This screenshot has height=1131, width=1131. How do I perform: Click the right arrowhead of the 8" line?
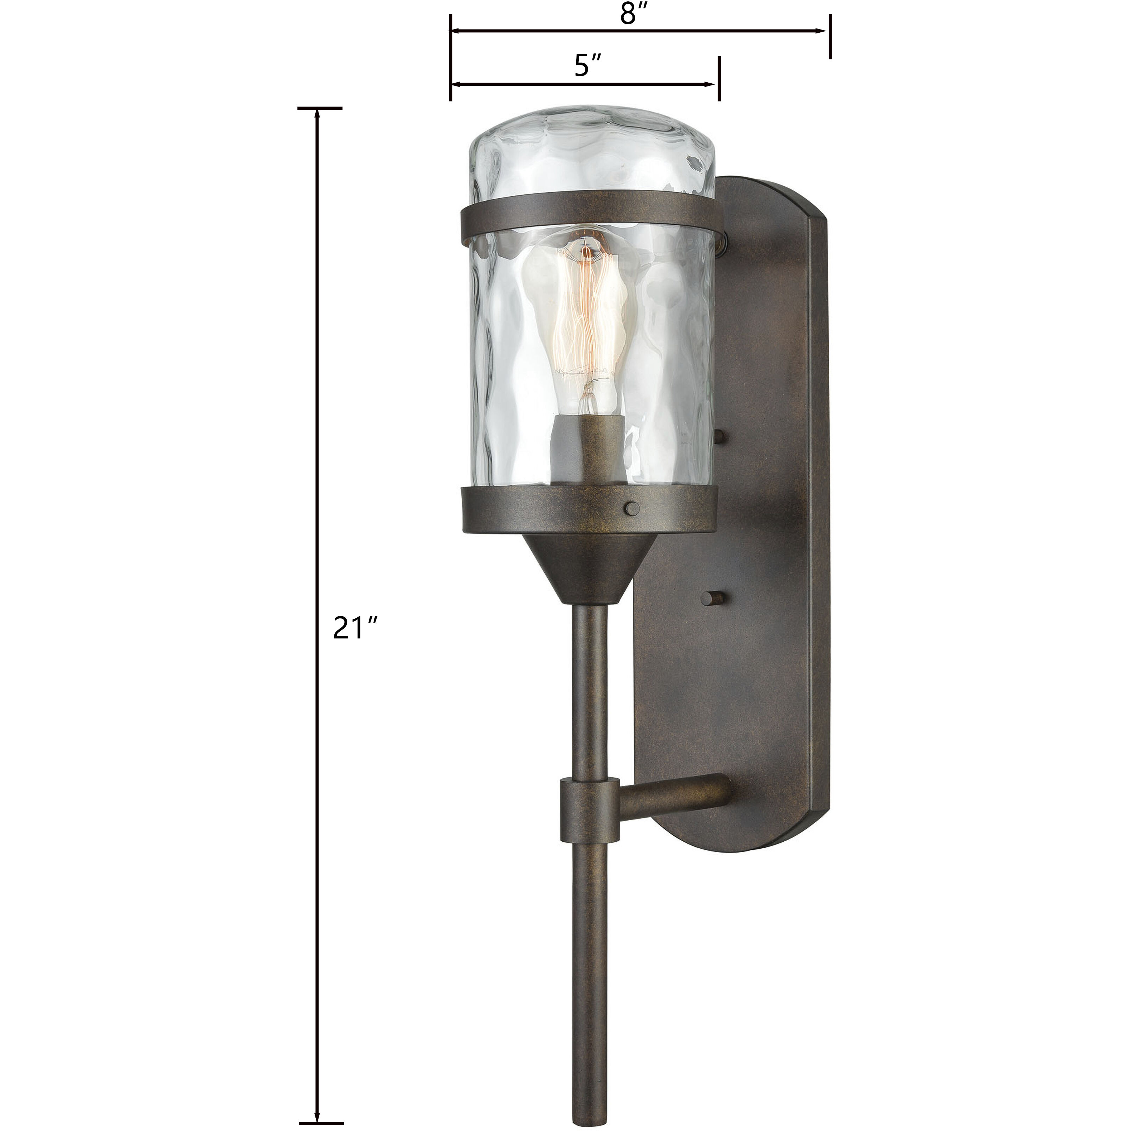coord(822,31)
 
